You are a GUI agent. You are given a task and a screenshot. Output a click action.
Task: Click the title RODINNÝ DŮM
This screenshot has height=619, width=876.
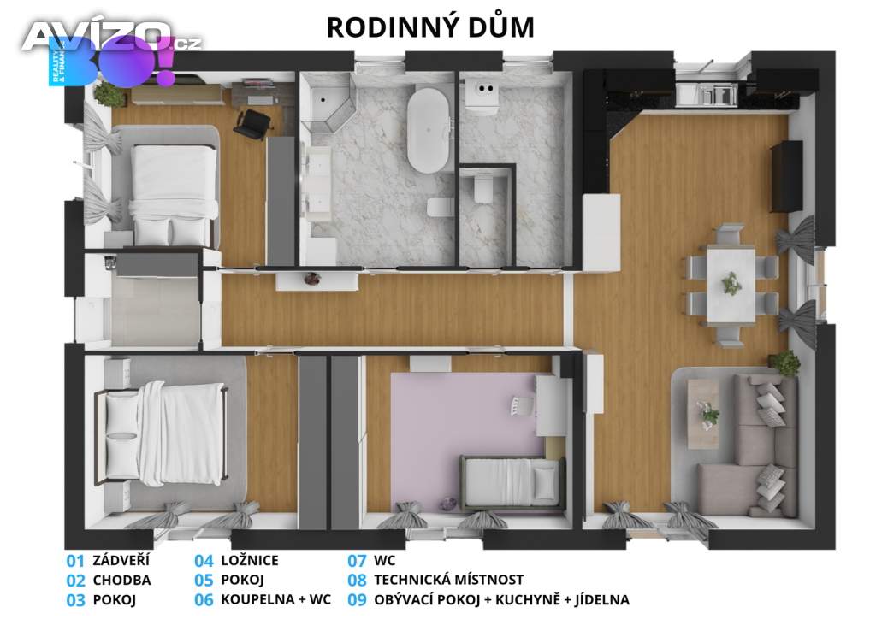click(430, 27)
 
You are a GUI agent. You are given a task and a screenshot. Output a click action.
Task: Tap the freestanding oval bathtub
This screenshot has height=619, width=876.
click(429, 129)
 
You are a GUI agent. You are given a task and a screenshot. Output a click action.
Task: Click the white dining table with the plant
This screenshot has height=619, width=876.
click(731, 286)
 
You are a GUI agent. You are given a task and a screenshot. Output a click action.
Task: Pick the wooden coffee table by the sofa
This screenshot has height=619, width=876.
click(703, 406)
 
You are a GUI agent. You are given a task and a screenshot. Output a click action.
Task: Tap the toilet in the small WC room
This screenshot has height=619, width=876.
click(482, 188)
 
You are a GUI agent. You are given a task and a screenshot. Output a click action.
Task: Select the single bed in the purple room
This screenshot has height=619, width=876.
click(512, 480)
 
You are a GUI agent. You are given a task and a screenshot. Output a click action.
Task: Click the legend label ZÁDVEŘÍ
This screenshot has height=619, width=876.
click(121, 560)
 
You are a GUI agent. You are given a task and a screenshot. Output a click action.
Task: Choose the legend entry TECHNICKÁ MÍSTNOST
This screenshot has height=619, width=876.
click(448, 580)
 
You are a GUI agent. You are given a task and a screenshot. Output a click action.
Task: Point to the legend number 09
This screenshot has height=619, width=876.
click(357, 600)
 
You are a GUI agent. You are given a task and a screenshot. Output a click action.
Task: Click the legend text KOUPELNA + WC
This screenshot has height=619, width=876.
click(276, 599)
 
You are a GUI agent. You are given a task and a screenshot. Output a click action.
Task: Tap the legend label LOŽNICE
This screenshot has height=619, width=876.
click(250, 560)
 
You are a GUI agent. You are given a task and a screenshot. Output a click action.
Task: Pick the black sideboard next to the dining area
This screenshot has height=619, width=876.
click(787, 176)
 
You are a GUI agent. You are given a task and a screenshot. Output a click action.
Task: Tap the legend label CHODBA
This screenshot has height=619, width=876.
click(121, 580)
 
